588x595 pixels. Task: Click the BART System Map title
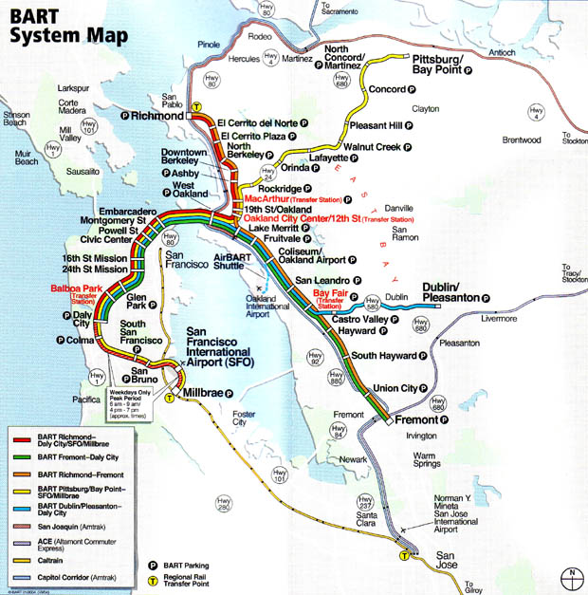[x=59, y=27]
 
